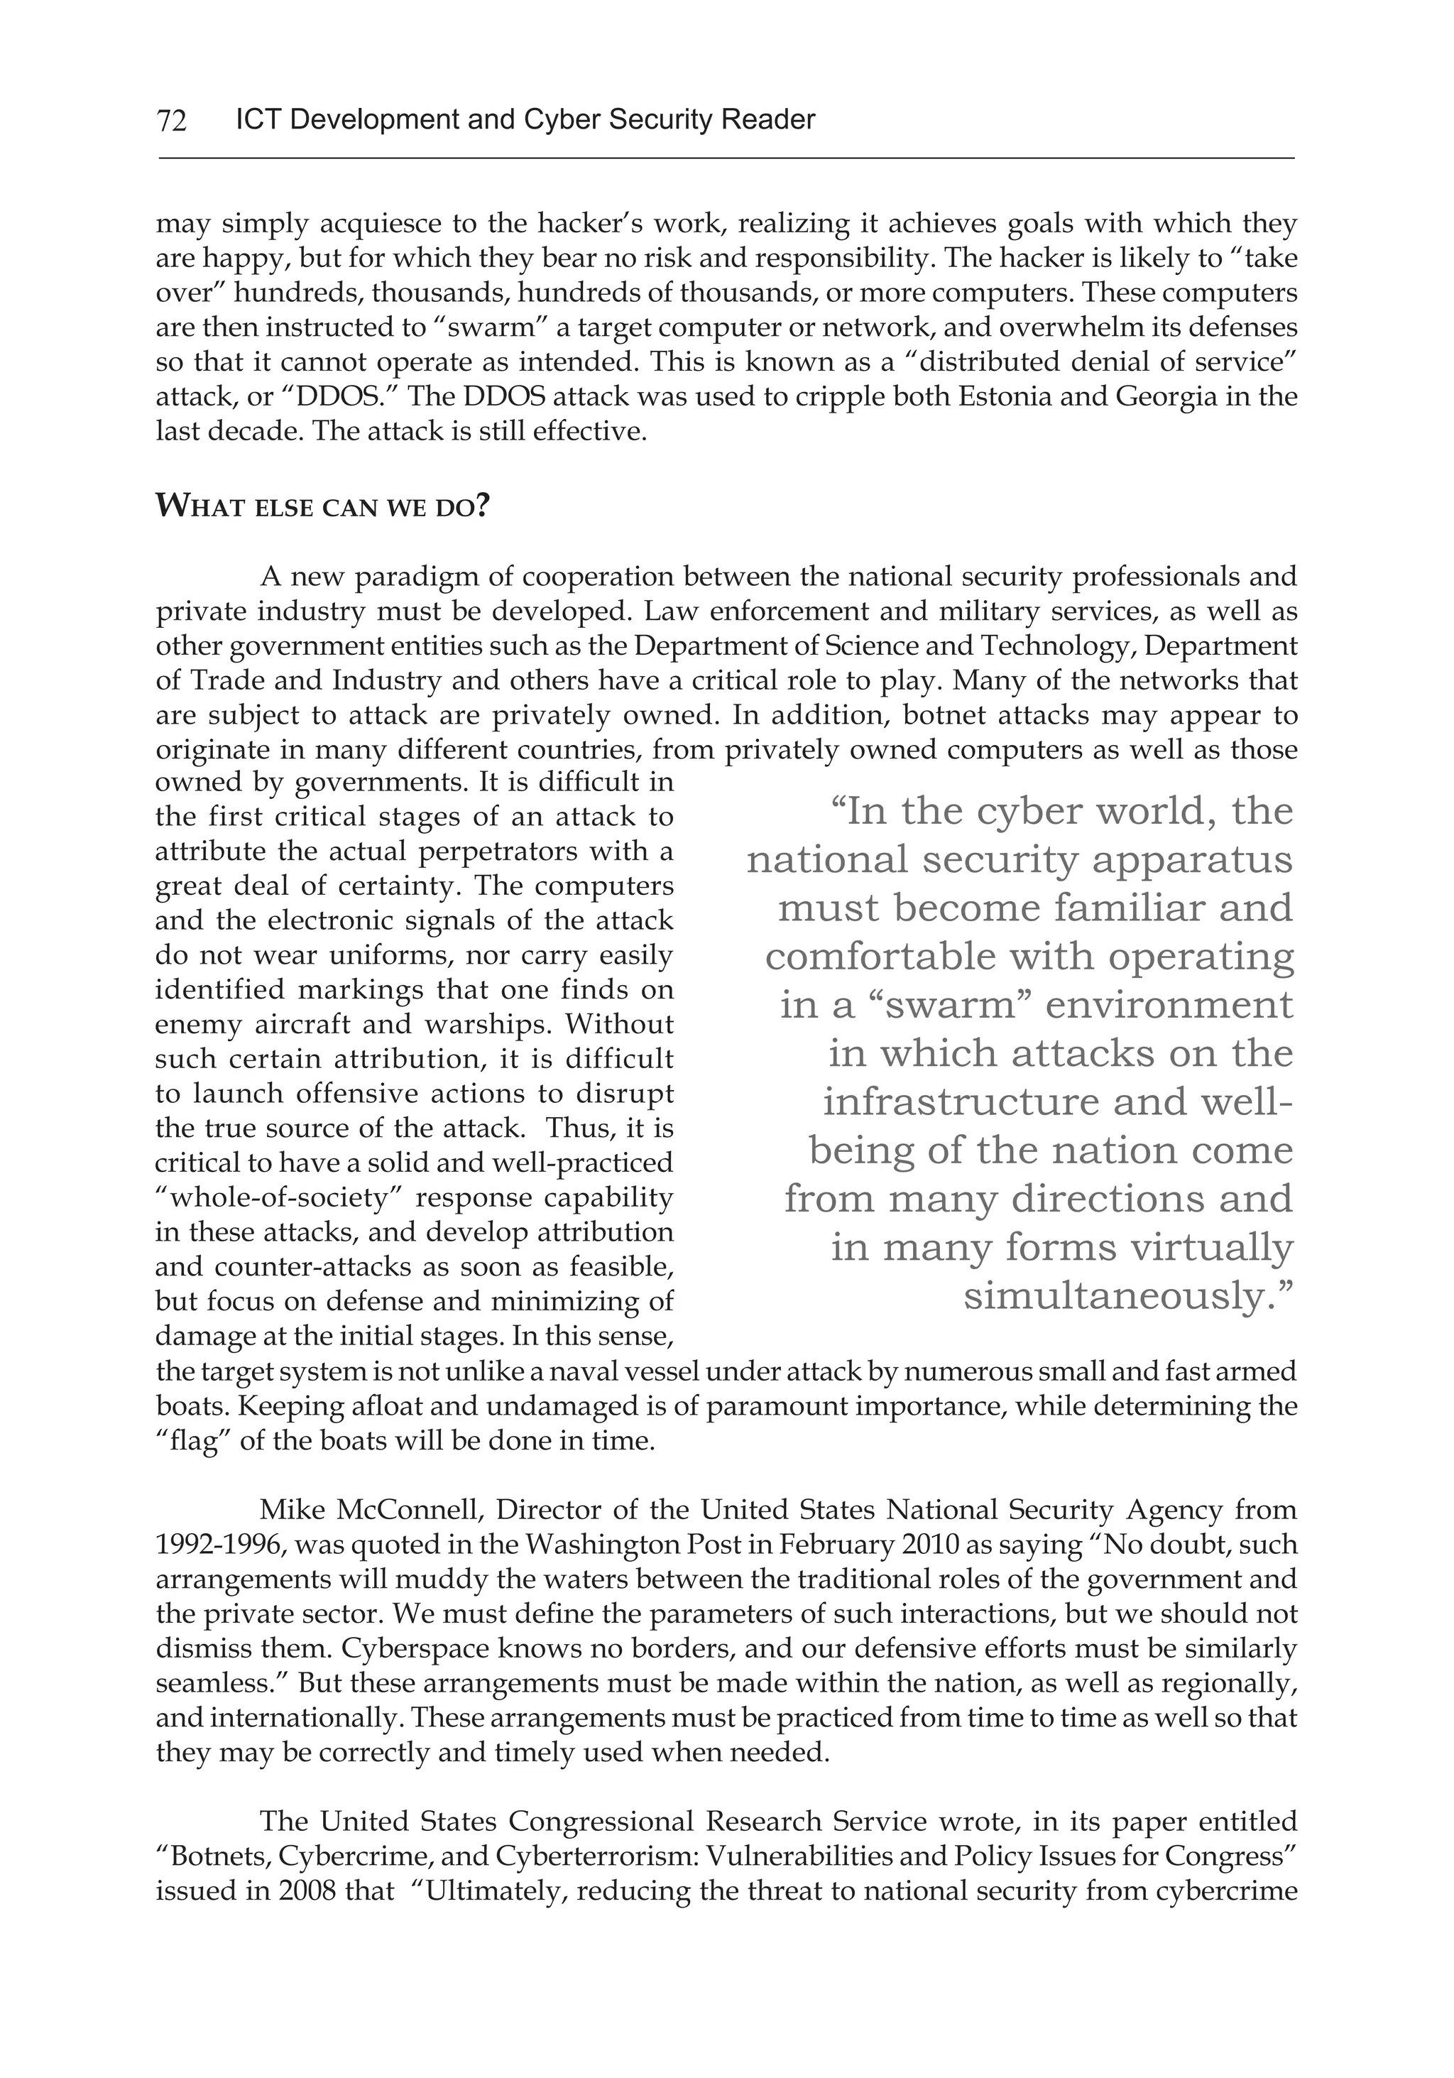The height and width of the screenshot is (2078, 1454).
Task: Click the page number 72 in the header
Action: pyautogui.click(x=172, y=120)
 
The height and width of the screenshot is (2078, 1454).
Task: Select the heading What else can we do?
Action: pyautogui.click(x=322, y=506)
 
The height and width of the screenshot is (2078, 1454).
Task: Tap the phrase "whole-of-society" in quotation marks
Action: pyautogui.click(x=280, y=1197)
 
